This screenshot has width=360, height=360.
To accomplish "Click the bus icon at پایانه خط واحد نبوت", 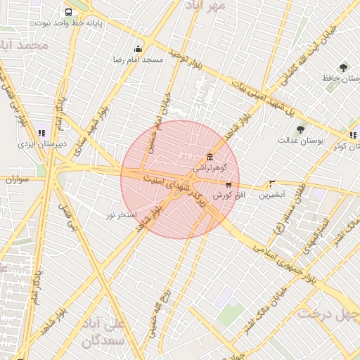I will click(68, 12).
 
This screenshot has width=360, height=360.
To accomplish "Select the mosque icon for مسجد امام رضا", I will click(138, 49).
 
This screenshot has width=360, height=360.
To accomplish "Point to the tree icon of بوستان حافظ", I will click(343, 68).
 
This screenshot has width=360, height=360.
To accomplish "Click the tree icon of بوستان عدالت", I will click(300, 129).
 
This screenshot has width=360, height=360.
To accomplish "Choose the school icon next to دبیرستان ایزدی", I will click(41, 132).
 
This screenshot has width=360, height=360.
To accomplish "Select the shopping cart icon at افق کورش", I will click(228, 184).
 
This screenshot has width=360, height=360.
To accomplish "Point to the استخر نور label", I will click(121, 214).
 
